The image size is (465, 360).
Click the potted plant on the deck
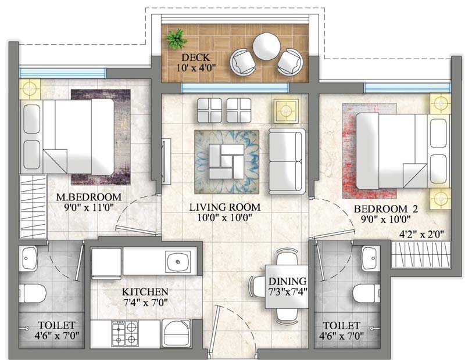173,39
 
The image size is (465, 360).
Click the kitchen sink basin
177,262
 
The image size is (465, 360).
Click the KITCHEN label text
145,291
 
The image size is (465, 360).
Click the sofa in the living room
287,162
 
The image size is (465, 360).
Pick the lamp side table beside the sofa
286,110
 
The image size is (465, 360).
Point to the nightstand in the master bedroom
30,89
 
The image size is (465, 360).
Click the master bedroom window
63,73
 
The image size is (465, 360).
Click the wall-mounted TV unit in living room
165,157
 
